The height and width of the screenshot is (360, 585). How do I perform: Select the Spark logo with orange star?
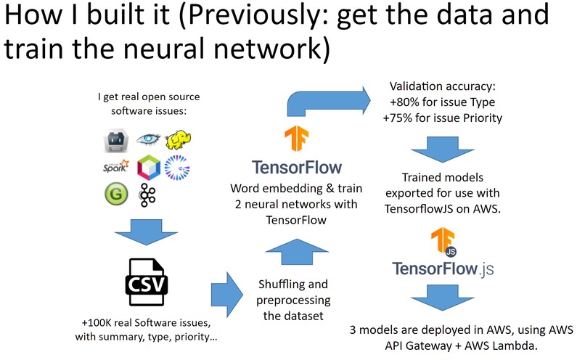click(x=116, y=168)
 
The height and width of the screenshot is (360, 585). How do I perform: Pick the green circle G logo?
click(x=116, y=195)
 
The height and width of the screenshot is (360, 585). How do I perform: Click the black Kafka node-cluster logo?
click(x=148, y=195)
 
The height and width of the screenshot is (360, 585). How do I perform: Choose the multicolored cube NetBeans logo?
click(x=148, y=168)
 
